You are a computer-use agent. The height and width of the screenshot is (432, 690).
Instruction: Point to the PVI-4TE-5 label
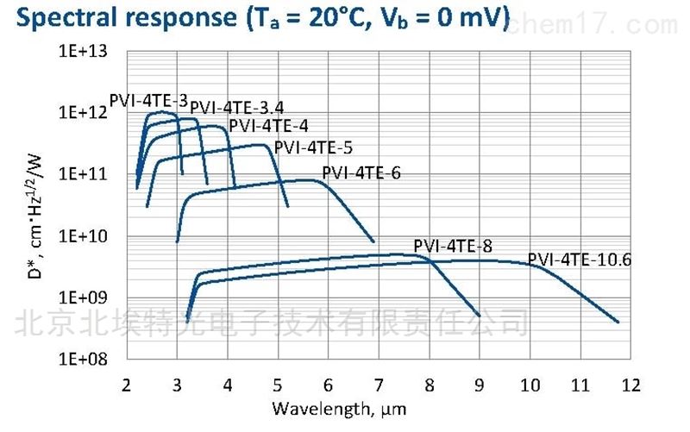coord(313,147)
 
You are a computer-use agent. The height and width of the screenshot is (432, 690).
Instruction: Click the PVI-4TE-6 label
coord(361,172)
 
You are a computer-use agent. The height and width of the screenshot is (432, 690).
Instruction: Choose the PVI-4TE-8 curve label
coord(453,247)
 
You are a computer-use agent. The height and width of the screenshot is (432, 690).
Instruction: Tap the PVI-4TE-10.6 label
coord(580,258)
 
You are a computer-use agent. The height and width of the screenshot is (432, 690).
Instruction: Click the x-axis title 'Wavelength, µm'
coord(339,406)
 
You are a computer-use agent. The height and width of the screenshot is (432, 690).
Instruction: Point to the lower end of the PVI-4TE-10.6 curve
coord(618,322)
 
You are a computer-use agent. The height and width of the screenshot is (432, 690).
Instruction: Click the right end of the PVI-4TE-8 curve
coord(480,315)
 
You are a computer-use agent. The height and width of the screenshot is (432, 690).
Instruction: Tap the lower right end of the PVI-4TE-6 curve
coord(374,241)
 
